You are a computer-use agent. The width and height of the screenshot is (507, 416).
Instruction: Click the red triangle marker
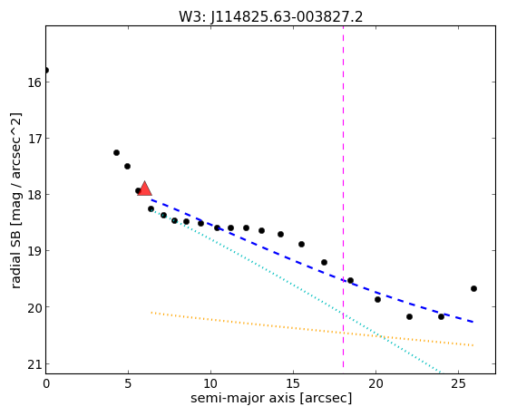144,189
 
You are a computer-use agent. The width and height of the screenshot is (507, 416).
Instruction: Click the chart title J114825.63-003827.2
287,17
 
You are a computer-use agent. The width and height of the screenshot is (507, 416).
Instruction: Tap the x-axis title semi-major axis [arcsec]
271,398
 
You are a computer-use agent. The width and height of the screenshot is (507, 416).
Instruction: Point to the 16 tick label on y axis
34,82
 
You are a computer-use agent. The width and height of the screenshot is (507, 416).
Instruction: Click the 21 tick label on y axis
34,364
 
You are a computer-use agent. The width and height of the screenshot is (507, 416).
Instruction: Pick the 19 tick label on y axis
34,251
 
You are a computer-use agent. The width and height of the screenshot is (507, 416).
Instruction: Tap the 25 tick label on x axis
458,384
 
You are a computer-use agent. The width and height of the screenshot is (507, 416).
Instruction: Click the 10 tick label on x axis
210,384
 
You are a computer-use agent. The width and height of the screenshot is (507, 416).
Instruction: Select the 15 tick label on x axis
293,384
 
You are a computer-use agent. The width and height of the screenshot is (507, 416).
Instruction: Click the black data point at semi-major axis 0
46,70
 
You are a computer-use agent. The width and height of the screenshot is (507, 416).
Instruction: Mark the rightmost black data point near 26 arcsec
473,288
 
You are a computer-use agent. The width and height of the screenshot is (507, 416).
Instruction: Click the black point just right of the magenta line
350,280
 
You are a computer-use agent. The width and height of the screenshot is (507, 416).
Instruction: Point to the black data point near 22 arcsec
409,316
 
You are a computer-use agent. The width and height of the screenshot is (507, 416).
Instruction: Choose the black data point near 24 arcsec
441,316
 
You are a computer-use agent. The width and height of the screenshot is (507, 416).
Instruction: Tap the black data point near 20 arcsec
377,299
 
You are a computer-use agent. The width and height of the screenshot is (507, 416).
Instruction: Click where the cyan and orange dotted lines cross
382,336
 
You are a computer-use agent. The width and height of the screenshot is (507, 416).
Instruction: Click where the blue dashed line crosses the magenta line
343,280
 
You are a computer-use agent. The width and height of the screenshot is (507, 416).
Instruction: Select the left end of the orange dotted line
151,313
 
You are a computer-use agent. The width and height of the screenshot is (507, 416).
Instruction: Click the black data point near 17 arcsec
324,262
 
